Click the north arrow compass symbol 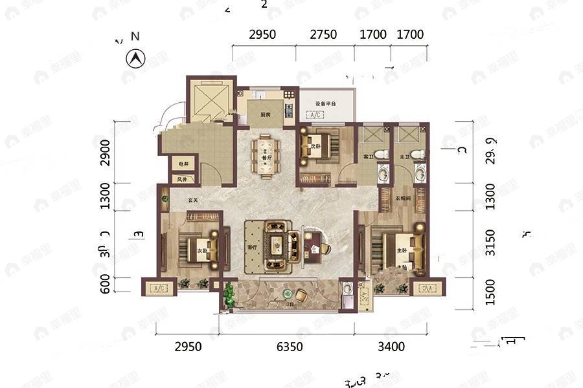[x=135, y=59]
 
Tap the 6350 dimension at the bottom [x=290, y=347]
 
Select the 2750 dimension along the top [x=323, y=34]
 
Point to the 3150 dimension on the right [x=490, y=242]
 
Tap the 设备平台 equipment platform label [x=325, y=103]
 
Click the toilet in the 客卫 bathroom [x=382, y=155]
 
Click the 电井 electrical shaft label [x=183, y=164]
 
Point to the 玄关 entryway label [x=192, y=200]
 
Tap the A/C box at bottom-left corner [x=159, y=288]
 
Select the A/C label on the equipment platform [x=317, y=115]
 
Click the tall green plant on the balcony [x=229, y=294]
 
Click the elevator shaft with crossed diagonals [x=209, y=100]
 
